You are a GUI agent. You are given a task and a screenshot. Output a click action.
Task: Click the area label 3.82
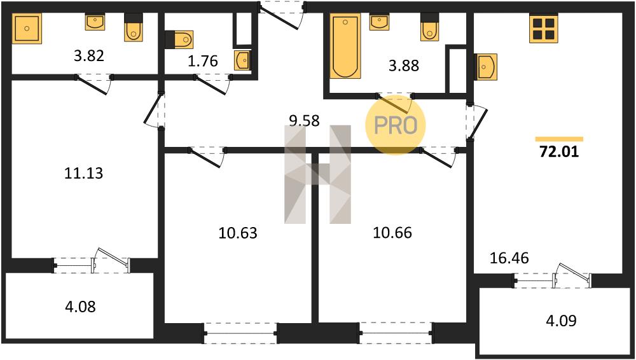click(x=89, y=55)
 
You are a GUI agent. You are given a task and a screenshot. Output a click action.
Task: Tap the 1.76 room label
click(x=202, y=61)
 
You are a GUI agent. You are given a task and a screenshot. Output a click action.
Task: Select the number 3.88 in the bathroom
click(x=404, y=66)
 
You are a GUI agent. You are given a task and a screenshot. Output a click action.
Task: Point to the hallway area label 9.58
click(x=304, y=121)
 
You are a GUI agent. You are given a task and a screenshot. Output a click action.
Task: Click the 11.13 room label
click(x=84, y=173)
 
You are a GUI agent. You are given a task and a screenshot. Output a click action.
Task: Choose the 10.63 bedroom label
click(x=238, y=233)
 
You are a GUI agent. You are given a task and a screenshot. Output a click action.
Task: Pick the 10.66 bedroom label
click(x=392, y=233)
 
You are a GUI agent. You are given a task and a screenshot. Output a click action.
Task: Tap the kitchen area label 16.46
click(x=509, y=258)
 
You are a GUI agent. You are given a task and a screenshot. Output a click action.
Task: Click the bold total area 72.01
click(x=559, y=152)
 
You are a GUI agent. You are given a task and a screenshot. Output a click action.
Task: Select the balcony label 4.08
click(x=80, y=307)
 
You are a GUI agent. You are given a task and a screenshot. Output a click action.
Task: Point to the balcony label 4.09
click(x=560, y=321)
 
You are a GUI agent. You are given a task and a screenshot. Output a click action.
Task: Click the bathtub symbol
click(x=345, y=46)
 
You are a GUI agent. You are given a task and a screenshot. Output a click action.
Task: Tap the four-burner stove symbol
click(x=544, y=29)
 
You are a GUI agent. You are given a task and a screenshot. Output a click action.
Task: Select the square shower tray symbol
click(x=27, y=29)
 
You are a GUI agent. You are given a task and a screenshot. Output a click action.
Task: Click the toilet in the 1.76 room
click(x=179, y=39)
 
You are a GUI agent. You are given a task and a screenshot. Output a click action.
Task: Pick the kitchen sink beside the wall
click(x=485, y=67)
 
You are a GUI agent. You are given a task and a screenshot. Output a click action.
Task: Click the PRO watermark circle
click(x=396, y=125)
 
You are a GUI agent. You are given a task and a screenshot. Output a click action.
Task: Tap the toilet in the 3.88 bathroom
click(x=429, y=27)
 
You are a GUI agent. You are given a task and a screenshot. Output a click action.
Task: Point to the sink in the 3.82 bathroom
click(x=95, y=22)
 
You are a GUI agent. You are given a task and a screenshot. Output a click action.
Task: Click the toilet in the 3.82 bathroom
click(x=134, y=27)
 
